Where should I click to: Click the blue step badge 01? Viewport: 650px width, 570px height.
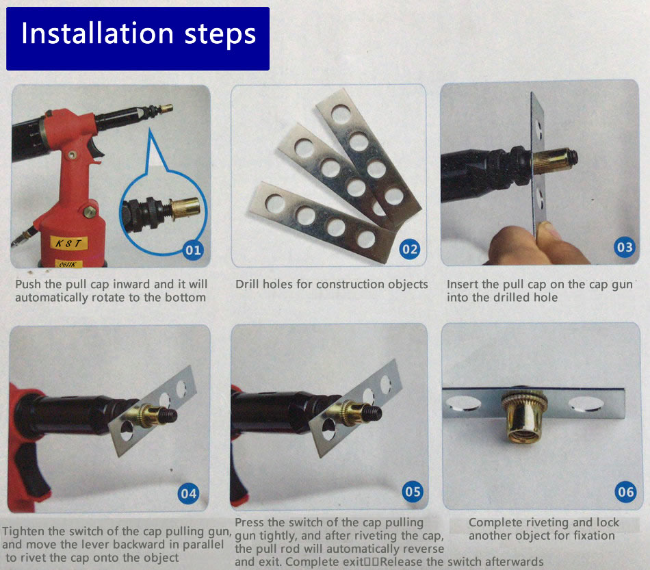(x=193, y=250)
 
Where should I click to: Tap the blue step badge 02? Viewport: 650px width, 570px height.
(x=410, y=249)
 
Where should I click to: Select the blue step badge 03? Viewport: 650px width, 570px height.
(x=624, y=248)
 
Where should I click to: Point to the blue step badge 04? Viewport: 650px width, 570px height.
(x=189, y=493)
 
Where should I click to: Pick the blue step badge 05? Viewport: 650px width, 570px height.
(x=413, y=492)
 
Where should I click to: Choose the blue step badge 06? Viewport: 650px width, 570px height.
(x=625, y=492)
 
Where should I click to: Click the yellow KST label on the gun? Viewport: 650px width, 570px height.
(x=69, y=243)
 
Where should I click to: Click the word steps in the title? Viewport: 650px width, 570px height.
(x=220, y=35)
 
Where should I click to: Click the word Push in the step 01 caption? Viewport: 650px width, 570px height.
(x=28, y=284)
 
